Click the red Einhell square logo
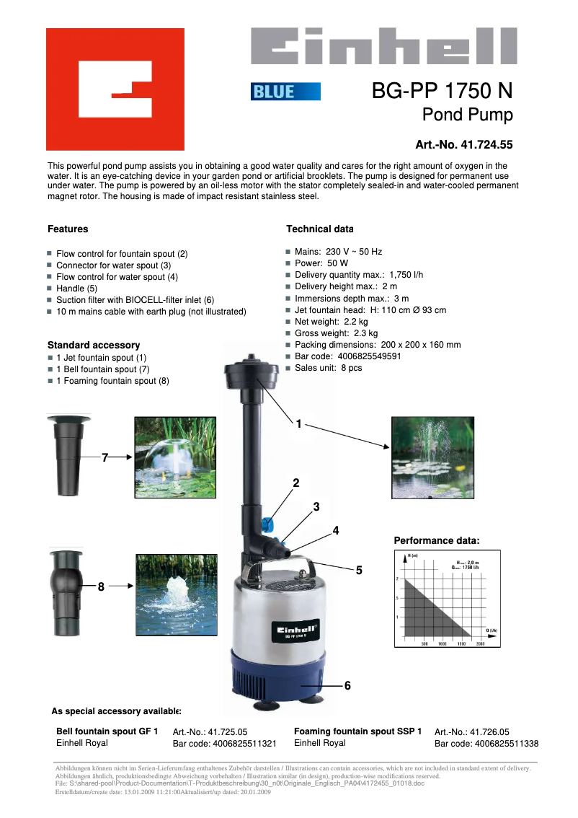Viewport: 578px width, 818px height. pos(115,89)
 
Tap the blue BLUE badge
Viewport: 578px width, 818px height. pos(285,92)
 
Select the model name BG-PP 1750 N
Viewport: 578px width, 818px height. pos(442,91)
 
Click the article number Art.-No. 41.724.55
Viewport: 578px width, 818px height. pos(463,145)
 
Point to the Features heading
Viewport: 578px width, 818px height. pos(68,229)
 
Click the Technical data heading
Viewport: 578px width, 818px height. pos(319,229)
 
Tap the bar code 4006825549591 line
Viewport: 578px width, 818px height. pos(347,356)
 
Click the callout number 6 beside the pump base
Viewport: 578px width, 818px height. pos(347,685)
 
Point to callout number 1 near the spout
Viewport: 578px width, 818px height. pos(298,423)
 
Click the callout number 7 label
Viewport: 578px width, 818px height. pos(105,457)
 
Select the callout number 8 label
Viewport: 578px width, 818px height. pos(102,587)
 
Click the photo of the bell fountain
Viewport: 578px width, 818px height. pos(175,457)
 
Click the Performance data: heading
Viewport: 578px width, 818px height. pos(436,540)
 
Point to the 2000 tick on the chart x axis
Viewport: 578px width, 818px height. pos(480,643)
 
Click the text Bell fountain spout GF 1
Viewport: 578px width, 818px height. pos(107,731)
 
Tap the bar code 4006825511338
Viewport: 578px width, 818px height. pos(486,744)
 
